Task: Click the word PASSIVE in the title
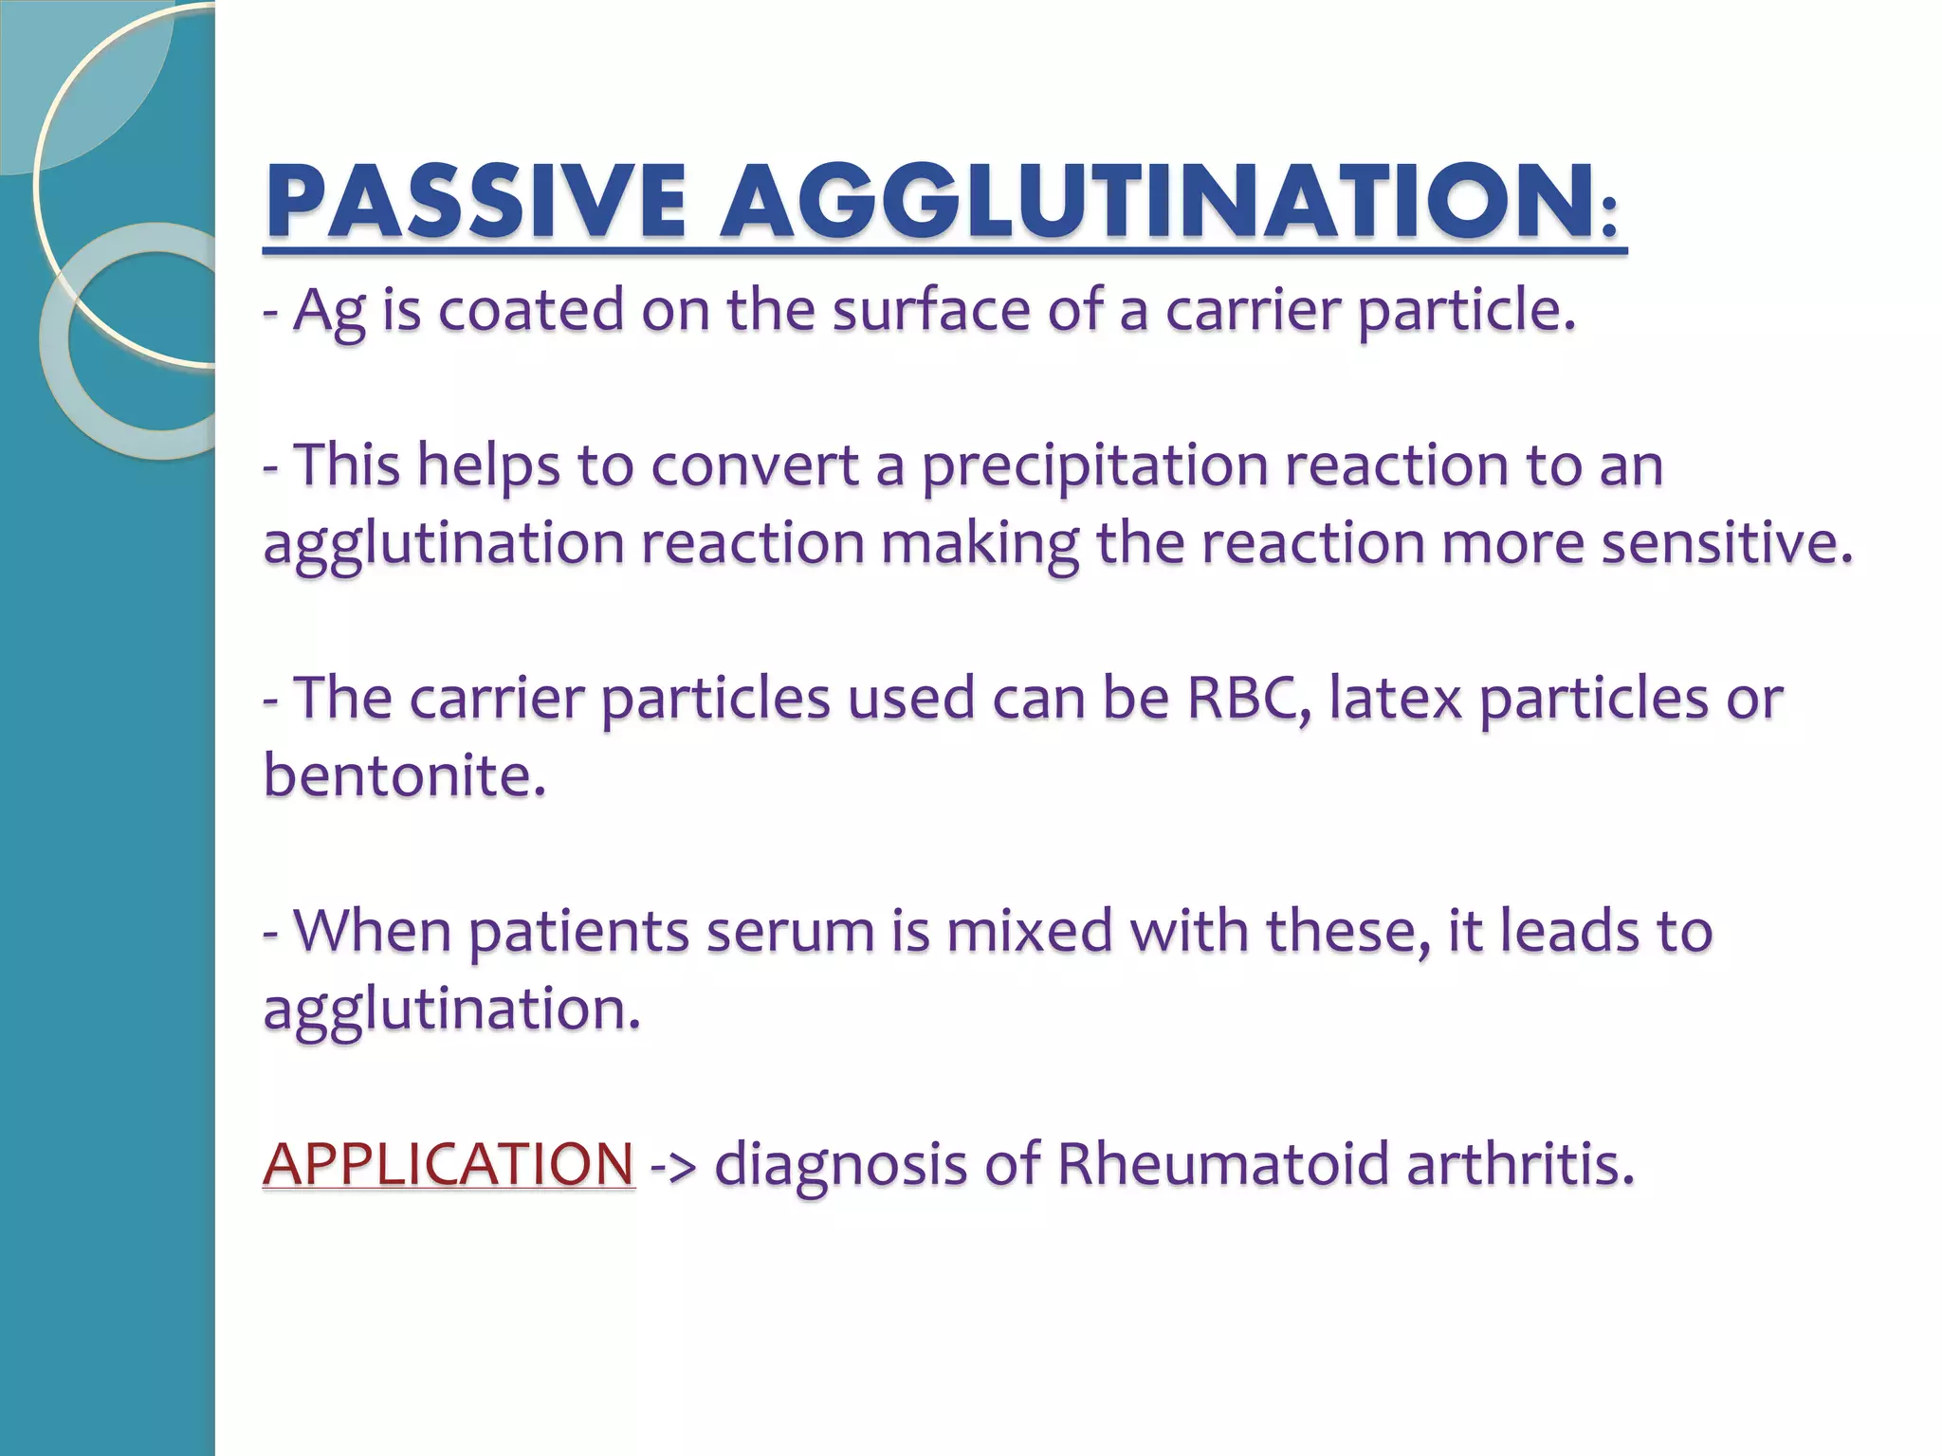pyautogui.click(x=475, y=201)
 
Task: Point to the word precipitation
pyautogui.click(x=1094, y=466)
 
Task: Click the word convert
pyautogui.click(x=754, y=466)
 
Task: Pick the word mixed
pyautogui.click(x=1029, y=931)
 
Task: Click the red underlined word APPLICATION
pyautogui.click(x=449, y=1163)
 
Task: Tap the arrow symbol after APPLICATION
pyautogui.click(x=673, y=1165)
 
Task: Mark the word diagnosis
pyautogui.click(x=840, y=1165)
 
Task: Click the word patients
pyautogui.click(x=578, y=933)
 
